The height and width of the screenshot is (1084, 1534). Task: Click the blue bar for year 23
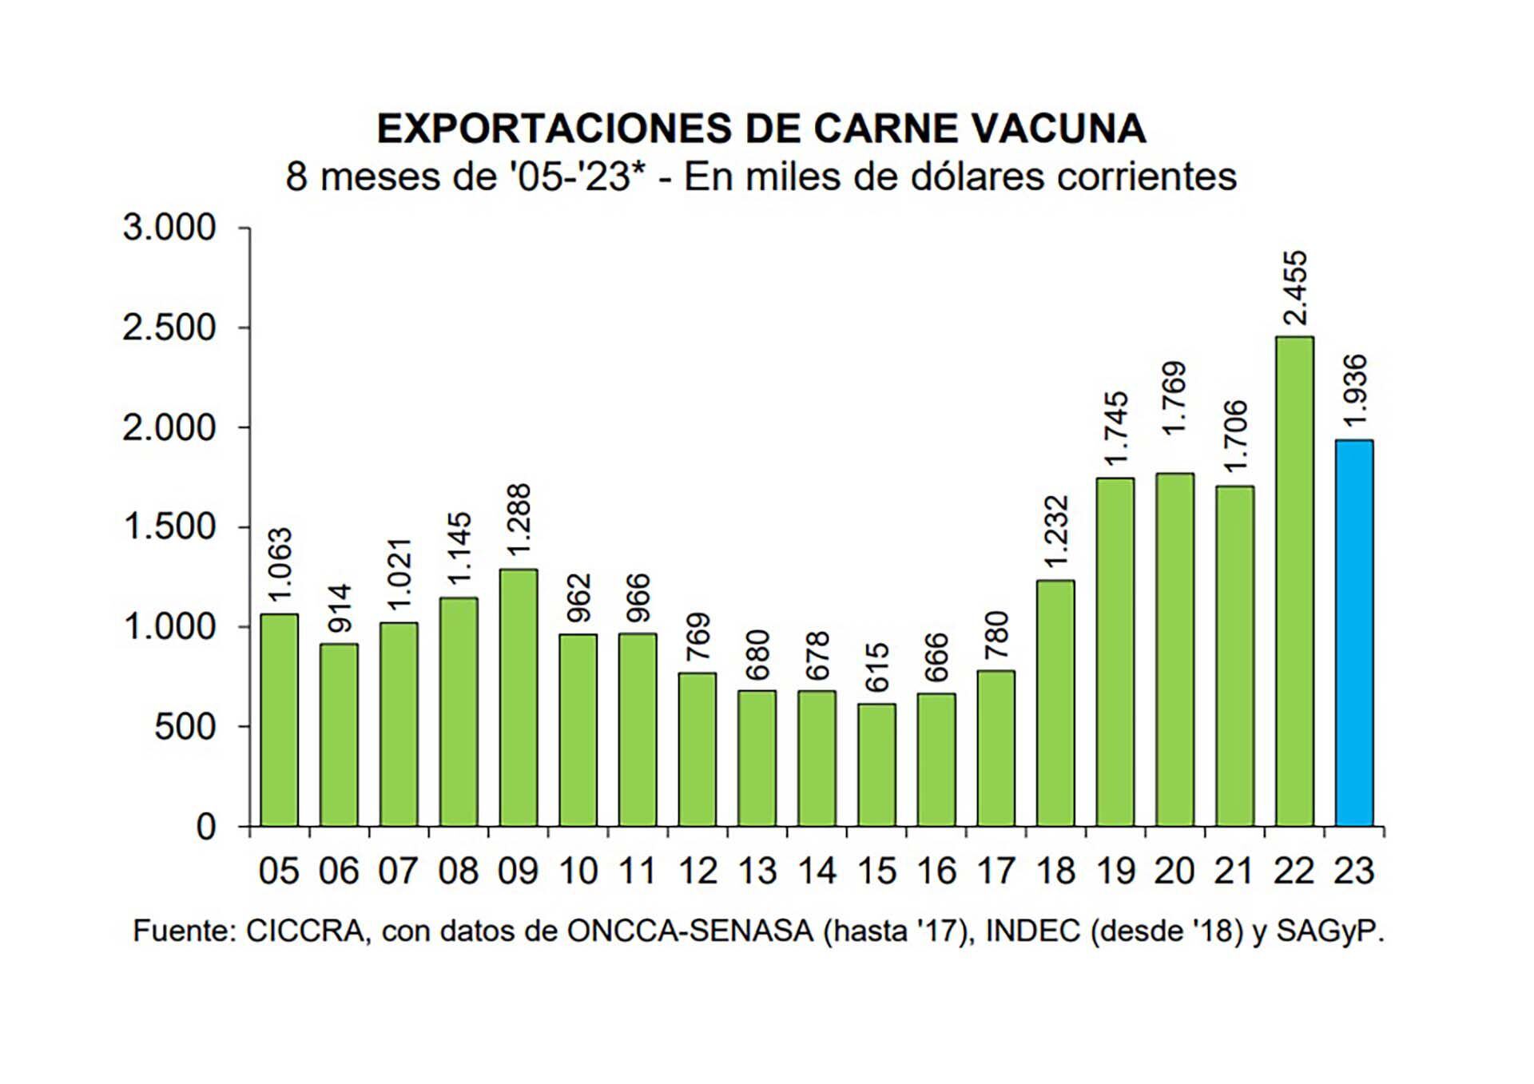point(1354,633)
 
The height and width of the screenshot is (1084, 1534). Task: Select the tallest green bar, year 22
point(1294,581)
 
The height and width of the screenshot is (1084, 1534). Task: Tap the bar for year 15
point(876,764)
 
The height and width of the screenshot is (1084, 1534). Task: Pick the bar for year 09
point(518,697)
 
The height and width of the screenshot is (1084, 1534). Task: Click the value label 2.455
point(1294,288)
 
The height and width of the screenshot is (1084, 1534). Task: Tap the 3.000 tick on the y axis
point(169,228)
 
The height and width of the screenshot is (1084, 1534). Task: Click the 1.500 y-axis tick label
point(169,527)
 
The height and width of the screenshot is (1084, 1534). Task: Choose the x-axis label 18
point(1055,871)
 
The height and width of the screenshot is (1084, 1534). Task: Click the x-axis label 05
point(279,871)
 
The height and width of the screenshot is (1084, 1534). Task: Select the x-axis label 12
point(697,871)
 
